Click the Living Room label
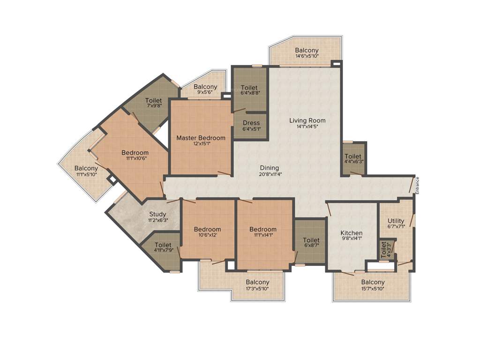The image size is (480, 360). coord(307,120)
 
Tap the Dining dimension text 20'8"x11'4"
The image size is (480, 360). coord(270,174)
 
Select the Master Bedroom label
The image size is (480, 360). coord(201,138)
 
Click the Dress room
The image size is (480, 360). coord(251,125)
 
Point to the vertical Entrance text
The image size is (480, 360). coord(417,185)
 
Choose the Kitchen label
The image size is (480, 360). coord(351,233)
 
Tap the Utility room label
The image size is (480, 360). coord(396,221)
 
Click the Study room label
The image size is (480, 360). coord(157,214)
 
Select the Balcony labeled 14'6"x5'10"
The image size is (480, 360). coord(307,50)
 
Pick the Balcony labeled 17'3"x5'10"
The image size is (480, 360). coord(257,282)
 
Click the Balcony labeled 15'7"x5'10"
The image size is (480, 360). coord(373,282)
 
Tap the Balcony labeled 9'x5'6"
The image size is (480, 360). coord(205,87)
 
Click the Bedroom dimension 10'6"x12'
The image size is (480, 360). coord(208,235)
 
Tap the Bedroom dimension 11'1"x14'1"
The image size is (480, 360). coord(263,235)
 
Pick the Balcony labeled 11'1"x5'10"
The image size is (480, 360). coord(86,168)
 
